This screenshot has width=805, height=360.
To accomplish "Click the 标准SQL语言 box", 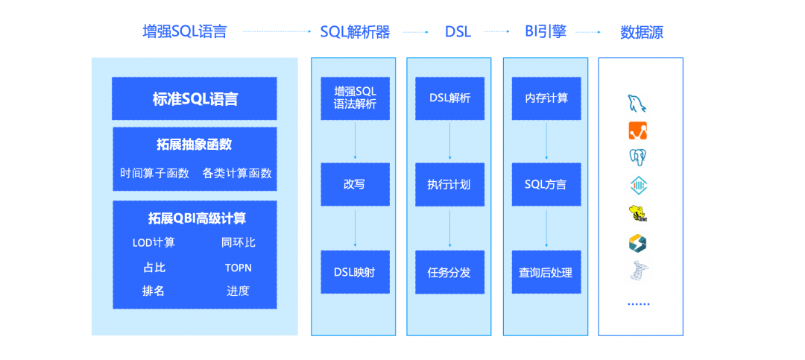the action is click(x=195, y=98).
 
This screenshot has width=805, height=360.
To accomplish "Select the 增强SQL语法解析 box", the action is click(x=356, y=98).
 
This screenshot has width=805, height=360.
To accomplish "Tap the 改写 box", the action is click(x=356, y=184).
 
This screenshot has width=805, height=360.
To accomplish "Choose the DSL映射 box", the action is click(x=356, y=272).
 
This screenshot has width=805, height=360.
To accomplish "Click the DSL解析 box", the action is click(x=449, y=98).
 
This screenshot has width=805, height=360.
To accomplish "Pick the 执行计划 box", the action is click(x=449, y=184).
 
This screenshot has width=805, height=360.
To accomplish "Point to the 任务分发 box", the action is click(x=449, y=272).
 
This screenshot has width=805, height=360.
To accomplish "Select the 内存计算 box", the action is click(x=546, y=98).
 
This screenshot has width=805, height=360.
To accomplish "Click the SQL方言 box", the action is click(x=546, y=184).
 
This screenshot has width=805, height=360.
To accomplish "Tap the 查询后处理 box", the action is click(x=546, y=272).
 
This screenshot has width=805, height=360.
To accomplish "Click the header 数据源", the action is click(x=642, y=32).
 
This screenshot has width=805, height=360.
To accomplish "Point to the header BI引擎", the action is click(x=545, y=32).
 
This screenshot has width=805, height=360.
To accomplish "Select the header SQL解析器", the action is click(x=356, y=32).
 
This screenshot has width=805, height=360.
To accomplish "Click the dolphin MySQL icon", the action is click(x=637, y=103).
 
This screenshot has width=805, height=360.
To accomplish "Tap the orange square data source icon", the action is click(x=638, y=130).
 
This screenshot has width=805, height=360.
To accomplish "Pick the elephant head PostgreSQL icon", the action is click(x=637, y=158).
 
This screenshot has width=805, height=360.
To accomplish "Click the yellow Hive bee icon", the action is click(x=637, y=213).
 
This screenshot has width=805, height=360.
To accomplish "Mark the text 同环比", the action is click(x=239, y=242).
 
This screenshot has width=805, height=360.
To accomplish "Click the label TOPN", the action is click(x=239, y=268).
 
